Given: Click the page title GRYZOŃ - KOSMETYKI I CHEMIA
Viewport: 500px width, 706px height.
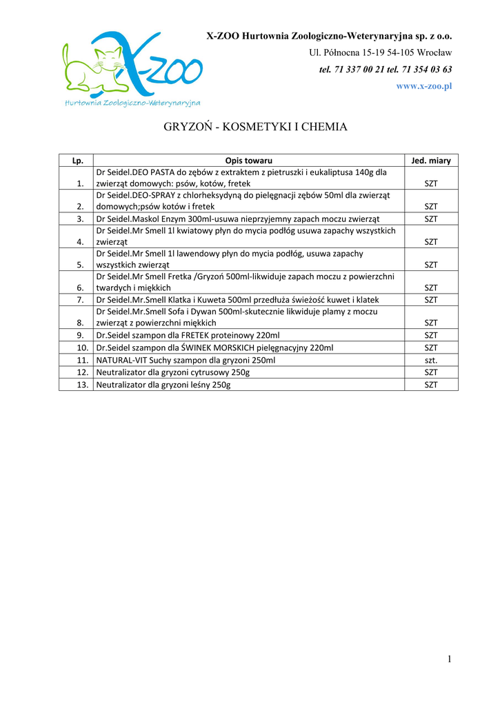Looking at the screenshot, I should coord(255,127).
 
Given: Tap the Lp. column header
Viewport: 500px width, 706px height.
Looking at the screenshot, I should coord(78,161).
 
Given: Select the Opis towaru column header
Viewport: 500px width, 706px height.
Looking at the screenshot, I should coord(249,161).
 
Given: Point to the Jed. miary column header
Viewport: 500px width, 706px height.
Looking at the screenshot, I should coord(431,161).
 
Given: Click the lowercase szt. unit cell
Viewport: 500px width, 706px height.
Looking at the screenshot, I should coord(431,360).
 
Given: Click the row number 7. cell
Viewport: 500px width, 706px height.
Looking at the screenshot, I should coord(81,300).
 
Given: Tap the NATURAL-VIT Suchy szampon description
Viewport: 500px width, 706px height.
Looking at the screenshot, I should coord(186,360).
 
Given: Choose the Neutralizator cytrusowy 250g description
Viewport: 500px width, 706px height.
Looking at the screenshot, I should coord(173,372).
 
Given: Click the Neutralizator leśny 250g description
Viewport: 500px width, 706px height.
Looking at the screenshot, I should coord(163,385).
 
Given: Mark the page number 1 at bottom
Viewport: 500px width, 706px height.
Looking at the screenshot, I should coord(449,660).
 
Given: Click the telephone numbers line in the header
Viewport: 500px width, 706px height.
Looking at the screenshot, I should coord(386,70).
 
